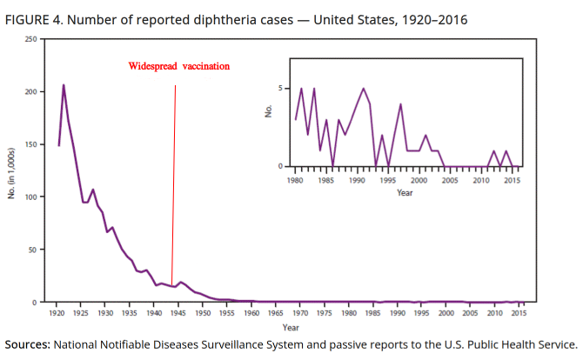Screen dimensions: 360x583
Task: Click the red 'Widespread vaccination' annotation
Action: (179, 66)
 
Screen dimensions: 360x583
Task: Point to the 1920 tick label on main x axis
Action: (57, 312)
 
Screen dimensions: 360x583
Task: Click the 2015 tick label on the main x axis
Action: (518, 312)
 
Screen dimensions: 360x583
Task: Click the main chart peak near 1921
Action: (64, 85)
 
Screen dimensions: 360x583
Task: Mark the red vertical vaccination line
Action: (174, 174)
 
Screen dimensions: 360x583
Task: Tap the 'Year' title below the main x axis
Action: (291, 327)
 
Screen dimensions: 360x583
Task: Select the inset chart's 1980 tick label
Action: (296, 181)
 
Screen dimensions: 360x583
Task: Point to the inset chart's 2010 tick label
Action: (481, 181)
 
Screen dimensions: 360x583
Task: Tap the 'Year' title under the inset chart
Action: (405, 192)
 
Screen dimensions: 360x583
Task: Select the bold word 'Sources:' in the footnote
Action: (27, 343)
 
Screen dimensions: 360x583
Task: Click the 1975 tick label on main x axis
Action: (324, 312)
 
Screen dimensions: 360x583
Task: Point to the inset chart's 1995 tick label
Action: (388, 181)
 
